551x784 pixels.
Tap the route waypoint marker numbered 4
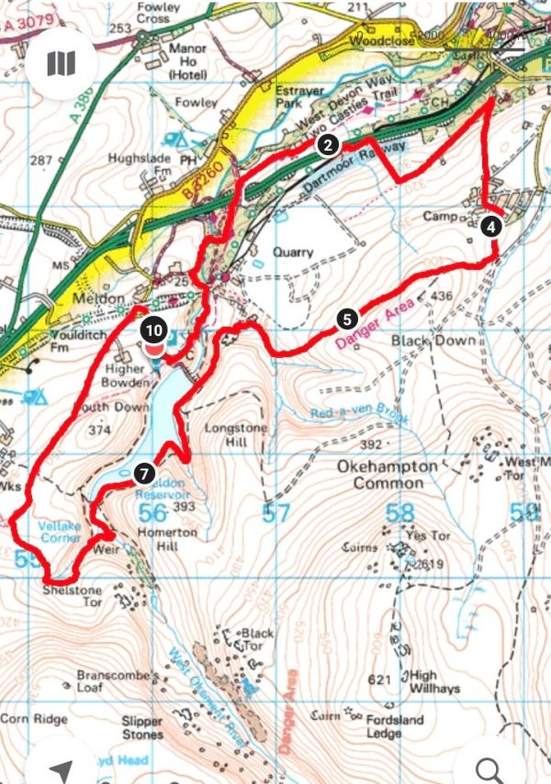click(x=492, y=226)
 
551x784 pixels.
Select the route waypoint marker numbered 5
click(x=346, y=319)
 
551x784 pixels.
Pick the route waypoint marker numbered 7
click(x=143, y=474)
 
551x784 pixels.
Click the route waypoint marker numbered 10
click(x=153, y=330)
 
